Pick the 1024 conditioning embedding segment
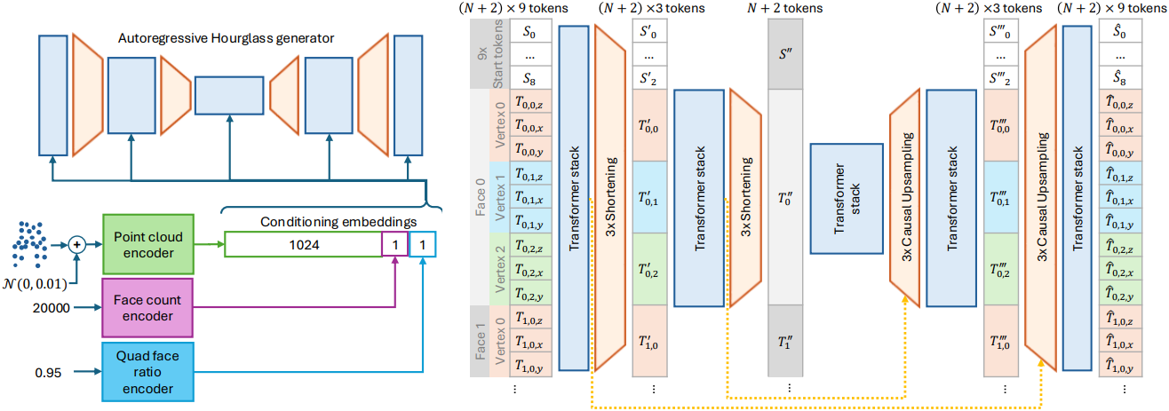pyautogui.click(x=301, y=243)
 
